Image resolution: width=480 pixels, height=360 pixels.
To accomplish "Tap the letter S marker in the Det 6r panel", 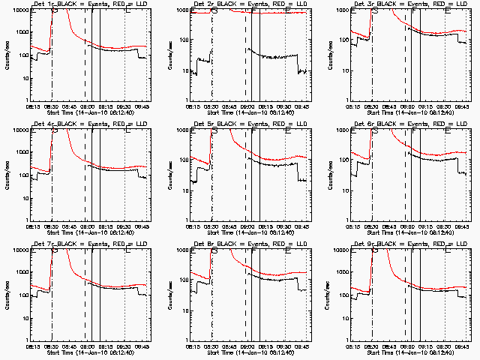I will click(375, 130).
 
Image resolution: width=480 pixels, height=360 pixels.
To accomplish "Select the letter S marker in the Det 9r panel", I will click(375, 250).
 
